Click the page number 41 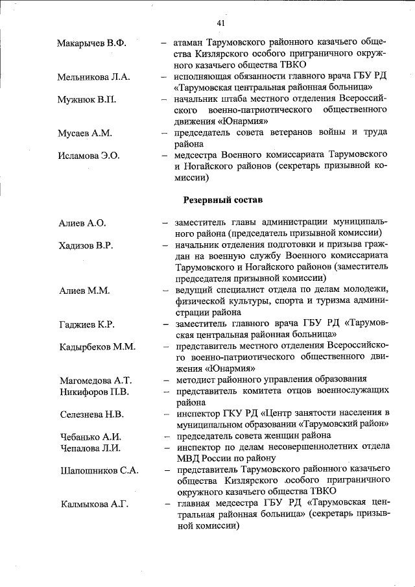pyautogui.click(x=221, y=23)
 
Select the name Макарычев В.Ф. pyautogui.click(x=91, y=43)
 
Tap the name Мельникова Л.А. pyautogui.click(x=93, y=77)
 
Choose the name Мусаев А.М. pyautogui.click(x=84, y=134)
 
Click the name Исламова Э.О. pyautogui.click(x=89, y=156)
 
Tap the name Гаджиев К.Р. pyautogui.click(x=86, y=324)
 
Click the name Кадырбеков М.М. pyautogui.click(x=96, y=347)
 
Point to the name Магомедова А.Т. pyautogui.click(x=95, y=380)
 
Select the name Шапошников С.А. pyautogui.click(x=98, y=470)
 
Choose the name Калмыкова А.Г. pyautogui.click(x=94, y=504)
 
